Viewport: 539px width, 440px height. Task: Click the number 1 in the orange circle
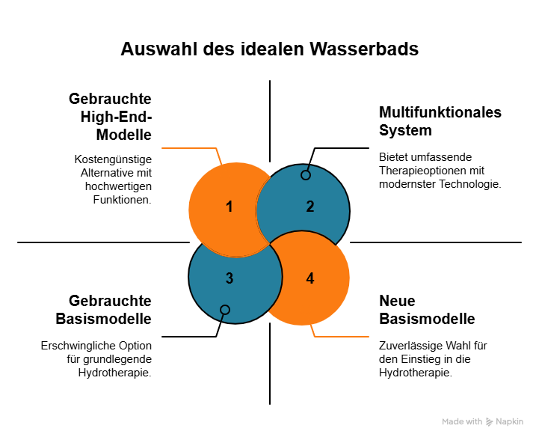(230, 207)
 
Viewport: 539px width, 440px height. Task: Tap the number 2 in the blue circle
(310, 207)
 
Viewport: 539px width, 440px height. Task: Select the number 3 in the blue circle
(230, 278)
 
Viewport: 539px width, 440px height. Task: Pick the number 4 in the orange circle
(310, 278)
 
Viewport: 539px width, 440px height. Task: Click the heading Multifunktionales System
(440, 121)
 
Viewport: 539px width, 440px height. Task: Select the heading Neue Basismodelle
(427, 310)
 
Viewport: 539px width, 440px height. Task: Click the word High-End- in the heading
(117, 117)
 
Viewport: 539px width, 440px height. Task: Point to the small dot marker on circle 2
(305, 175)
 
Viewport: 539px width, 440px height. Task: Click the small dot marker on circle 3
(225, 310)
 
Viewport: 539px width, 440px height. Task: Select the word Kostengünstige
(113, 159)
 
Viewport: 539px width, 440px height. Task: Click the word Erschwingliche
(80, 346)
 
